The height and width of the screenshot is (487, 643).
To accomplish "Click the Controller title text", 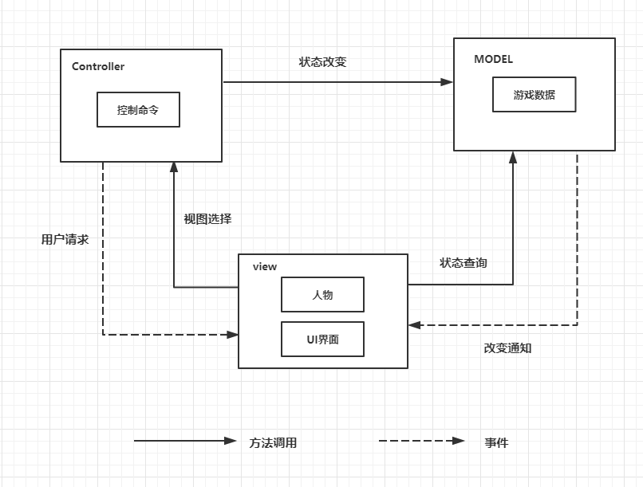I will (98, 67).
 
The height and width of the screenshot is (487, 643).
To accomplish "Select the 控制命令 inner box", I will (138, 110).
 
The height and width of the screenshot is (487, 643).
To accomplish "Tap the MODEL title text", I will (493, 59).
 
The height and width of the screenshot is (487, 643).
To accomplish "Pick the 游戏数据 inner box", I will (534, 95).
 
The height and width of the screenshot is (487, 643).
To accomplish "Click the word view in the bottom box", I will (264, 267).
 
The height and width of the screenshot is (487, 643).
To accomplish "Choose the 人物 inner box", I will (322, 295).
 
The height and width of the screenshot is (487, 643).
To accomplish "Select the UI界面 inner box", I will (322, 340).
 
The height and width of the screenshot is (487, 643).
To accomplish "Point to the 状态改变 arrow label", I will (322, 62).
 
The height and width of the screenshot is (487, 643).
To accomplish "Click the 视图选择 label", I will (207, 218).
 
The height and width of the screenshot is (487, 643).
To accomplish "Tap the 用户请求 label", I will (65, 239).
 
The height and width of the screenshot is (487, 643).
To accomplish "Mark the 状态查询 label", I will (463, 262).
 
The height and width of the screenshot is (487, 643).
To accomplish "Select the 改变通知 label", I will (507, 348).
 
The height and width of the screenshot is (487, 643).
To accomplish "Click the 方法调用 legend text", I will (273, 443).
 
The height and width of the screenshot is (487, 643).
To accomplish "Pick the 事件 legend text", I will (495, 443).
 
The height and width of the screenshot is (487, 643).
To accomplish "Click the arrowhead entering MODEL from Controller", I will (447, 82).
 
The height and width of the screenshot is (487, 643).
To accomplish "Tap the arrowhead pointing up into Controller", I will (173, 167).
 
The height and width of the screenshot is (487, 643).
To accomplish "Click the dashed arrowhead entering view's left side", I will (232, 335).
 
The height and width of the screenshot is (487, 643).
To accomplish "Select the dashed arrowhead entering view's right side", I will (414, 325).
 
